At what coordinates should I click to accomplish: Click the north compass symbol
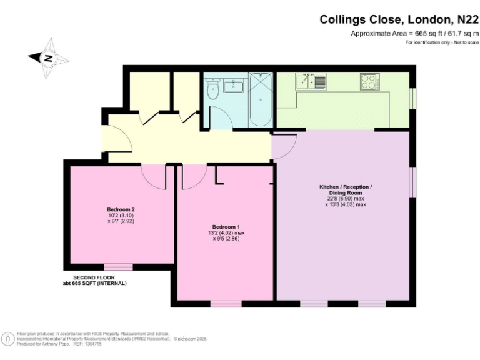coord(48,58)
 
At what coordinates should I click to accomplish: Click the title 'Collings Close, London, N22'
coord(399,19)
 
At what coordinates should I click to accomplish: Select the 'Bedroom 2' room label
coord(121,209)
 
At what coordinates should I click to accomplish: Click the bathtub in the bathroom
coord(259,100)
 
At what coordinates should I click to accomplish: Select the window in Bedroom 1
coord(226,304)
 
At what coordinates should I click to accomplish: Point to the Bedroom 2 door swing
coord(153,176)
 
